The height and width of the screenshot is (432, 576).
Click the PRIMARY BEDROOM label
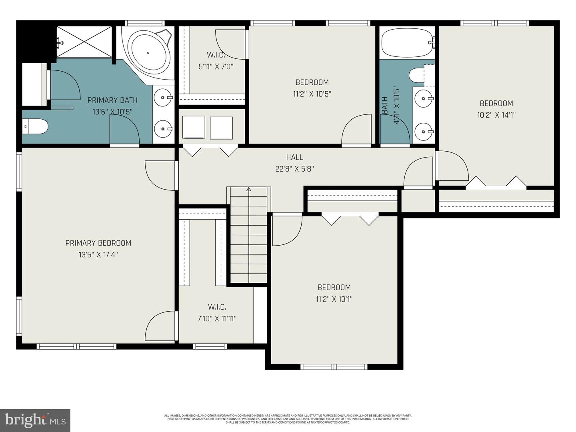point(98,243)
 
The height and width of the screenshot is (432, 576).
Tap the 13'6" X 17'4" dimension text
point(98,255)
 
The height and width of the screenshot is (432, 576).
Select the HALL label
point(294,157)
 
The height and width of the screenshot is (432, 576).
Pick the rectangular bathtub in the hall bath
point(406,42)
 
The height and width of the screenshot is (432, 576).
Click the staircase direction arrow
point(248,189)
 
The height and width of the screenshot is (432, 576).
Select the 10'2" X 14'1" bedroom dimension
point(496,115)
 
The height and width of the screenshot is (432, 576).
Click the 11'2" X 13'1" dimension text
point(334,299)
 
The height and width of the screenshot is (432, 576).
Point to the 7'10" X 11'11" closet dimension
point(217,319)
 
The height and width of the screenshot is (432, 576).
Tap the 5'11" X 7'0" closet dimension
point(216,67)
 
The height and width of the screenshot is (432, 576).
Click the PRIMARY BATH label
point(112,100)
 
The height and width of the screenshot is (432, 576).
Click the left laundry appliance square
point(194,127)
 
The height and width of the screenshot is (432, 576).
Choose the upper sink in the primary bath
point(163,97)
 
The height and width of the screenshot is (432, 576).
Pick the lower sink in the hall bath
point(424,131)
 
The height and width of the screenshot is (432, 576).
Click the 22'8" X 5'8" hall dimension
point(294,169)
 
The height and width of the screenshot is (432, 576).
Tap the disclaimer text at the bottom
point(288,419)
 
